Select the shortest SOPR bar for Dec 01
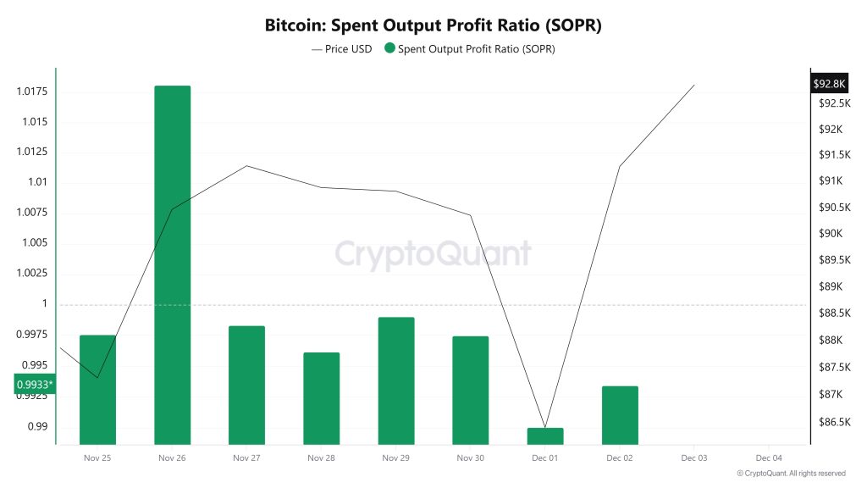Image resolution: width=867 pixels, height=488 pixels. pyautogui.click(x=544, y=435)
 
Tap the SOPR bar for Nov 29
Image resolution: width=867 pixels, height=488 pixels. pyautogui.click(x=395, y=380)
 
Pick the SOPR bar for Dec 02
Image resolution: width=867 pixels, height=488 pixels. pyautogui.click(x=620, y=414)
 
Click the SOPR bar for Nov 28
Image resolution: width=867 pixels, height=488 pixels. pyautogui.click(x=321, y=398)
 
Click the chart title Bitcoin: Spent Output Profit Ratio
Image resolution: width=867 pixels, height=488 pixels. pyautogui.click(x=433, y=25)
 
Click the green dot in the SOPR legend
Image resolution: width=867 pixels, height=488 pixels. pyautogui.click(x=389, y=49)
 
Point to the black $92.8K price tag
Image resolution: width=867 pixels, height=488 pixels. pyautogui.click(x=829, y=84)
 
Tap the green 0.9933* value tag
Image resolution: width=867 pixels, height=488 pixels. pyautogui.click(x=35, y=385)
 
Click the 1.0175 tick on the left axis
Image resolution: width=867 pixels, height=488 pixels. pyautogui.click(x=32, y=91)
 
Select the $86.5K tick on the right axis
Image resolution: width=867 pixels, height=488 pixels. pyautogui.click(x=834, y=422)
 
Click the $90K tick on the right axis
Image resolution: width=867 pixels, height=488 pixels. pyautogui.click(x=831, y=234)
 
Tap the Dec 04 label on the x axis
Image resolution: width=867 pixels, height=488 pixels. pyautogui.click(x=769, y=458)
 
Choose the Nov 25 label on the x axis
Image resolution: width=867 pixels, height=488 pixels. pyautogui.click(x=97, y=458)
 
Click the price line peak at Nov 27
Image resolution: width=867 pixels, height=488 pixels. pyautogui.click(x=246, y=165)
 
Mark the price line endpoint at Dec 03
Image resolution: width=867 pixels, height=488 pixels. pyautogui.click(x=694, y=85)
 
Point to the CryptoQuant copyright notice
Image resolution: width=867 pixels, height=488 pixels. pyautogui.click(x=791, y=474)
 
